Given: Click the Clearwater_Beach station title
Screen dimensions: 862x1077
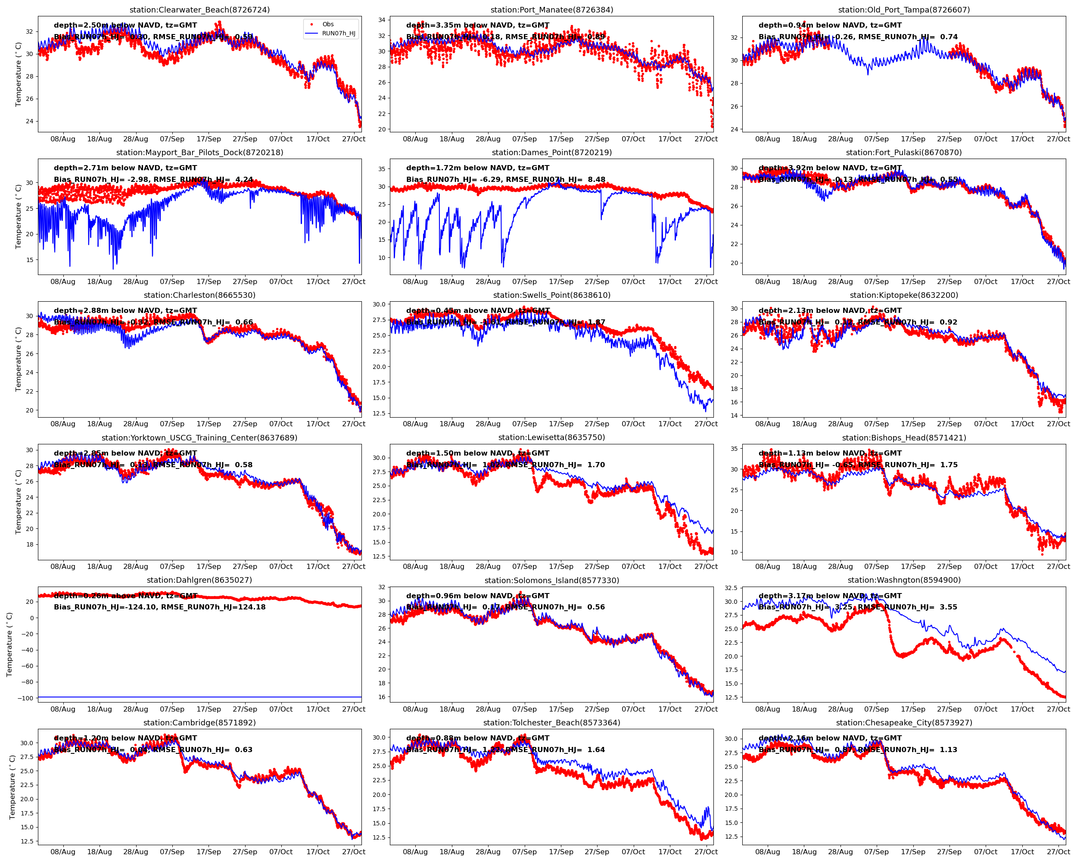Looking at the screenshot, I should click(x=199, y=9).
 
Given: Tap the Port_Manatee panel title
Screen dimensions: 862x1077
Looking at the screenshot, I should click(x=551, y=9).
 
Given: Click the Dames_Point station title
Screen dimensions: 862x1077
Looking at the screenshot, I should click(x=551, y=153).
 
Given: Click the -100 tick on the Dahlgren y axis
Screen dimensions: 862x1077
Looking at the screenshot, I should click(x=25, y=698).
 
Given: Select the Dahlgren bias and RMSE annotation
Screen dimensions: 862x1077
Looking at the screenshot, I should click(x=159, y=607).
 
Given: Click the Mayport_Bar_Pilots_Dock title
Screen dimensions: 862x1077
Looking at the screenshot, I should click(x=199, y=153).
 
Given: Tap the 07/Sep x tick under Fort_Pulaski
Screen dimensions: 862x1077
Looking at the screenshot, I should click(x=876, y=281).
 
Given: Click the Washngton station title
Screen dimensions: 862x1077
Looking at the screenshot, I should click(x=904, y=580).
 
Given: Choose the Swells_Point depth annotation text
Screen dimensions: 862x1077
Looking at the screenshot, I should click(x=478, y=310).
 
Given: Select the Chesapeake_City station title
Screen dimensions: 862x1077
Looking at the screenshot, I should click(x=904, y=723).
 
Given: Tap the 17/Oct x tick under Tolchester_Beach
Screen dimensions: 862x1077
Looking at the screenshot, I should click(x=669, y=852).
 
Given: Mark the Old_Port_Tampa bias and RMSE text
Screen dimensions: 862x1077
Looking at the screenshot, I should click(x=858, y=37).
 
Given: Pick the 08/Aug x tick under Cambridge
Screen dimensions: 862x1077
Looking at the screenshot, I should click(x=63, y=852).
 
